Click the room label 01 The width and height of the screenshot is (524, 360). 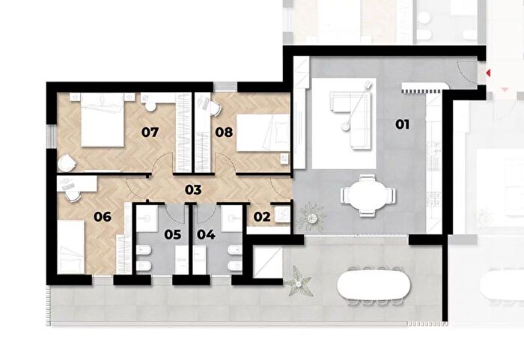click(x=402, y=125)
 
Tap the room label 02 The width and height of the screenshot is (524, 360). click(x=262, y=217)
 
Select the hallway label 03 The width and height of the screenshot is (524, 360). click(x=193, y=190)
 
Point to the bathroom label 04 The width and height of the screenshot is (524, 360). click(x=206, y=235)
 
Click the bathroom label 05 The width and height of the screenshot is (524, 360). click(x=173, y=235)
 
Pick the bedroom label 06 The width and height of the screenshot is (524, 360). click(x=103, y=217)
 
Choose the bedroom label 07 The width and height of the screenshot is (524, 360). click(x=150, y=132)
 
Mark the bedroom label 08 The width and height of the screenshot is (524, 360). click(x=224, y=132)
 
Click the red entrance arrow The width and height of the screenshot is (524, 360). click(x=488, y=73)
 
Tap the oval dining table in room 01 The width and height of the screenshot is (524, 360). click(x=368, y=195)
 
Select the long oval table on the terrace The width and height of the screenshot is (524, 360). click(x=374, y=284)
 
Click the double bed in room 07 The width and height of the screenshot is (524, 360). click(x=103, y=120)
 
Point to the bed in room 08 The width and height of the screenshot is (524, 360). click(x=263, y=132)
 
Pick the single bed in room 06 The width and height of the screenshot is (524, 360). click(x=71, y=247)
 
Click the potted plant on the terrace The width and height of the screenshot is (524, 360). click(x=299, y=281)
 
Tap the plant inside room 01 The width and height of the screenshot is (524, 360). click(x=312, y=217)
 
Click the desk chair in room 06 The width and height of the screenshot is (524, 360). click(x=73, y=195)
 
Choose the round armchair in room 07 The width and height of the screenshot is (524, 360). click(x=67, y=162)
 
